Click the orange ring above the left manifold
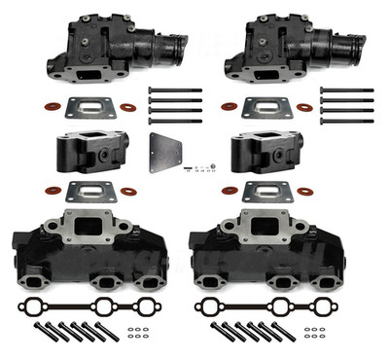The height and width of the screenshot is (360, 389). (x=47, y=188)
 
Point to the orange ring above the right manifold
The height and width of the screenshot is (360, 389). (x=233, y=188)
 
